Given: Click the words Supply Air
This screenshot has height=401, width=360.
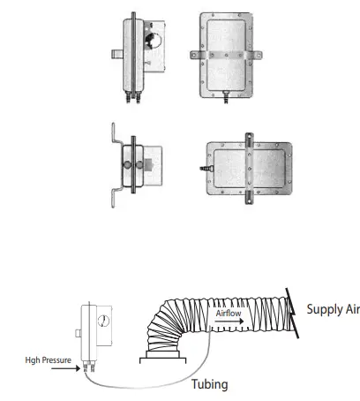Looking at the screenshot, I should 333,310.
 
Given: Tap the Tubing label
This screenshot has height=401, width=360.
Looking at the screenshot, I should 212,384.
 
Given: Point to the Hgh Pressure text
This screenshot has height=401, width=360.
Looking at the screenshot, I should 48,360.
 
